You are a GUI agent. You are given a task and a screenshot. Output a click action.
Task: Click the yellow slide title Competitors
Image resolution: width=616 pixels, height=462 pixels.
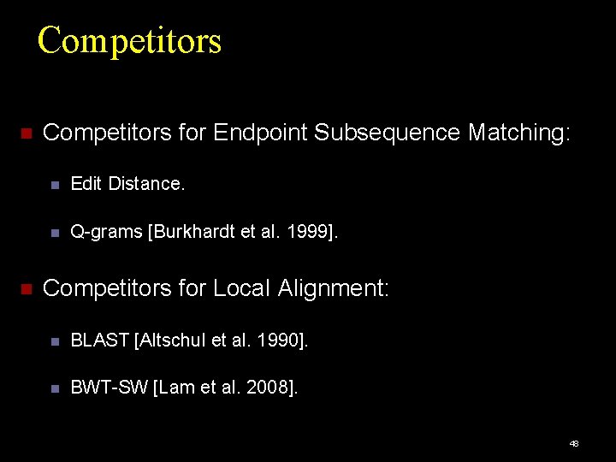[129, 40]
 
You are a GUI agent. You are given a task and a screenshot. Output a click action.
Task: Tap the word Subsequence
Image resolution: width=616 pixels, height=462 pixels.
[388, 133]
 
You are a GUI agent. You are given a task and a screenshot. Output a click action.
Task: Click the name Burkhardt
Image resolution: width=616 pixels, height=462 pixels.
[193, 231]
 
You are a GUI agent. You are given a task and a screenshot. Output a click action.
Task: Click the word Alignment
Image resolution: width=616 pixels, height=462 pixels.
[333, 289]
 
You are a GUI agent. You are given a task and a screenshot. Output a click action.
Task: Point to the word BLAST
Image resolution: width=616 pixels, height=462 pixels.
[100, 341]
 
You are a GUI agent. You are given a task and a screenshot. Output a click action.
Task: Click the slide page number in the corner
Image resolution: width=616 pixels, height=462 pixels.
[574, 443]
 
